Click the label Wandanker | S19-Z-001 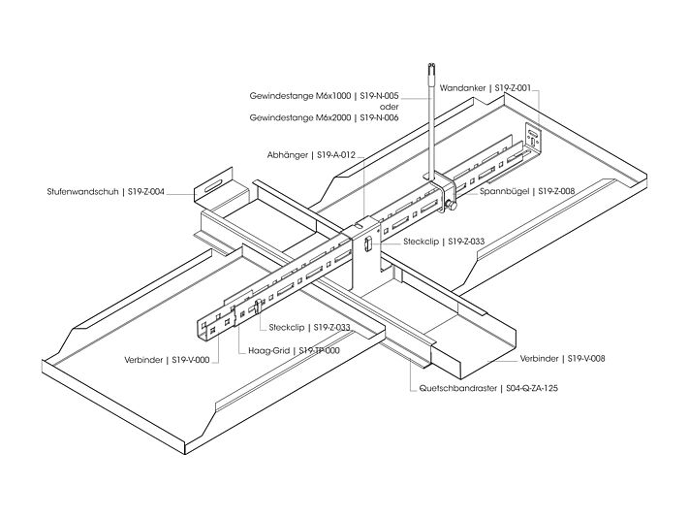pos(485,87)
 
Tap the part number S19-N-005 pos(379,97)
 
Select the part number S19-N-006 pos(379,117)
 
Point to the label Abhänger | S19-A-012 pos(312,154)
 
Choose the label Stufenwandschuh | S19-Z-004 pos(106,193)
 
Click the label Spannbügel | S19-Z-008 pos(527,192)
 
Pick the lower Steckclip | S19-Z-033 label pos(309,328)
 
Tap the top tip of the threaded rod pos(429,66)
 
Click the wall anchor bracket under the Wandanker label pos(531,138)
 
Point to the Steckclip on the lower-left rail pos(256,309)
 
